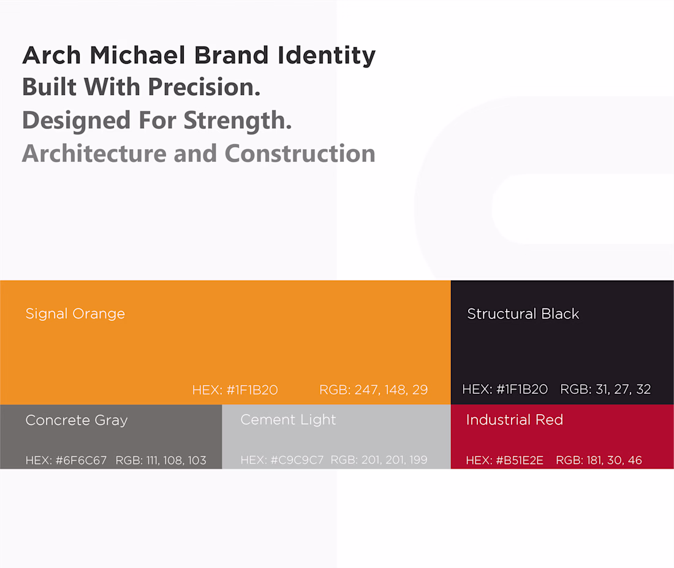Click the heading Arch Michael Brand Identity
199,56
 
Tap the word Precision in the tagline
204,87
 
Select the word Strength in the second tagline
238,120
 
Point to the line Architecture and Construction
199,153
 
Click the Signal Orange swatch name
75,314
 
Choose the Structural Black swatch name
523,313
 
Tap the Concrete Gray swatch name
77,420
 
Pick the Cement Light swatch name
288,420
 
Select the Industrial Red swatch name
515,420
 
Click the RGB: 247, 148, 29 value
374,390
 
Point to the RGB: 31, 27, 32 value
605,390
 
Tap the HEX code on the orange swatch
235,390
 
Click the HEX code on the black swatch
505,390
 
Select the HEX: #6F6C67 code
66,461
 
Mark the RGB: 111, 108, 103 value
161,461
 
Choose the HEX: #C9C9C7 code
282,460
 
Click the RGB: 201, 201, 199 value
379,460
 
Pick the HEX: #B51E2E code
505,461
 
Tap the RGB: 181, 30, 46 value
599,461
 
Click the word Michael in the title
137,55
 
